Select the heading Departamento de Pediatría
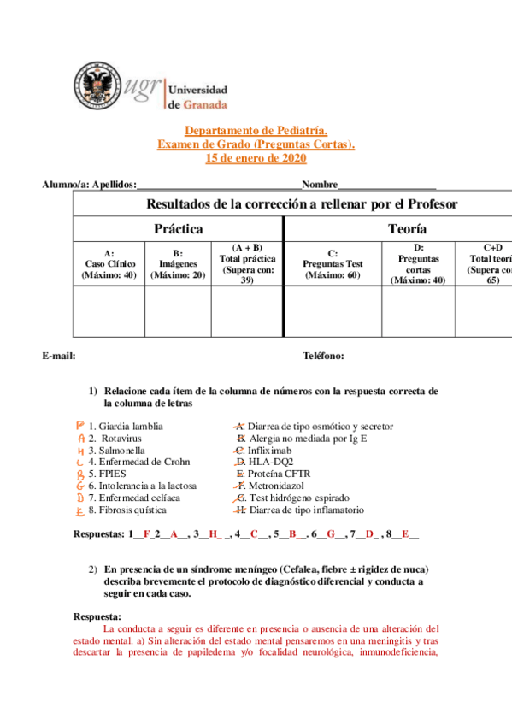256,130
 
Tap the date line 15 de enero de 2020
256,158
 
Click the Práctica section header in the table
178,229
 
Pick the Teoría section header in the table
408,229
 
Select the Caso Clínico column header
109,264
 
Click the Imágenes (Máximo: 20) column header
178,264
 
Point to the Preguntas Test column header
333,264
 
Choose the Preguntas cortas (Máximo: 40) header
418,263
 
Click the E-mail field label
59,356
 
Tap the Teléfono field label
323,356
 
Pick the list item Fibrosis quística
127,510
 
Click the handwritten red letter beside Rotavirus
79,438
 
